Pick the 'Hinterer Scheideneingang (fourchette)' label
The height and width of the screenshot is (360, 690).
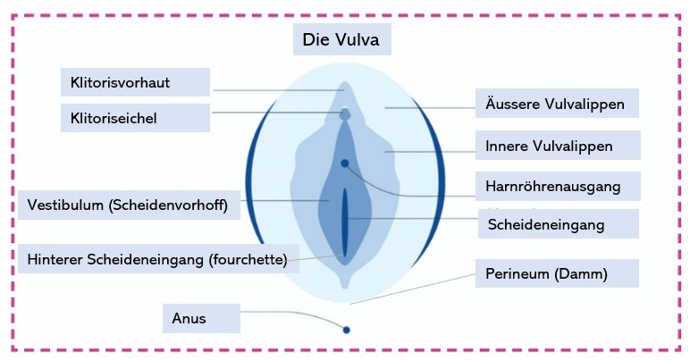point(156,260)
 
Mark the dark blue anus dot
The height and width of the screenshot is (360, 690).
point(347,330)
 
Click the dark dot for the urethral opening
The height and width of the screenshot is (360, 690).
point(345,163)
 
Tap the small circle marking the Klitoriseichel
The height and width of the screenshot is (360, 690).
point(345,113)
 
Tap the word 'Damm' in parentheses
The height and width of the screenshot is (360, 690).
point(585,273)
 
